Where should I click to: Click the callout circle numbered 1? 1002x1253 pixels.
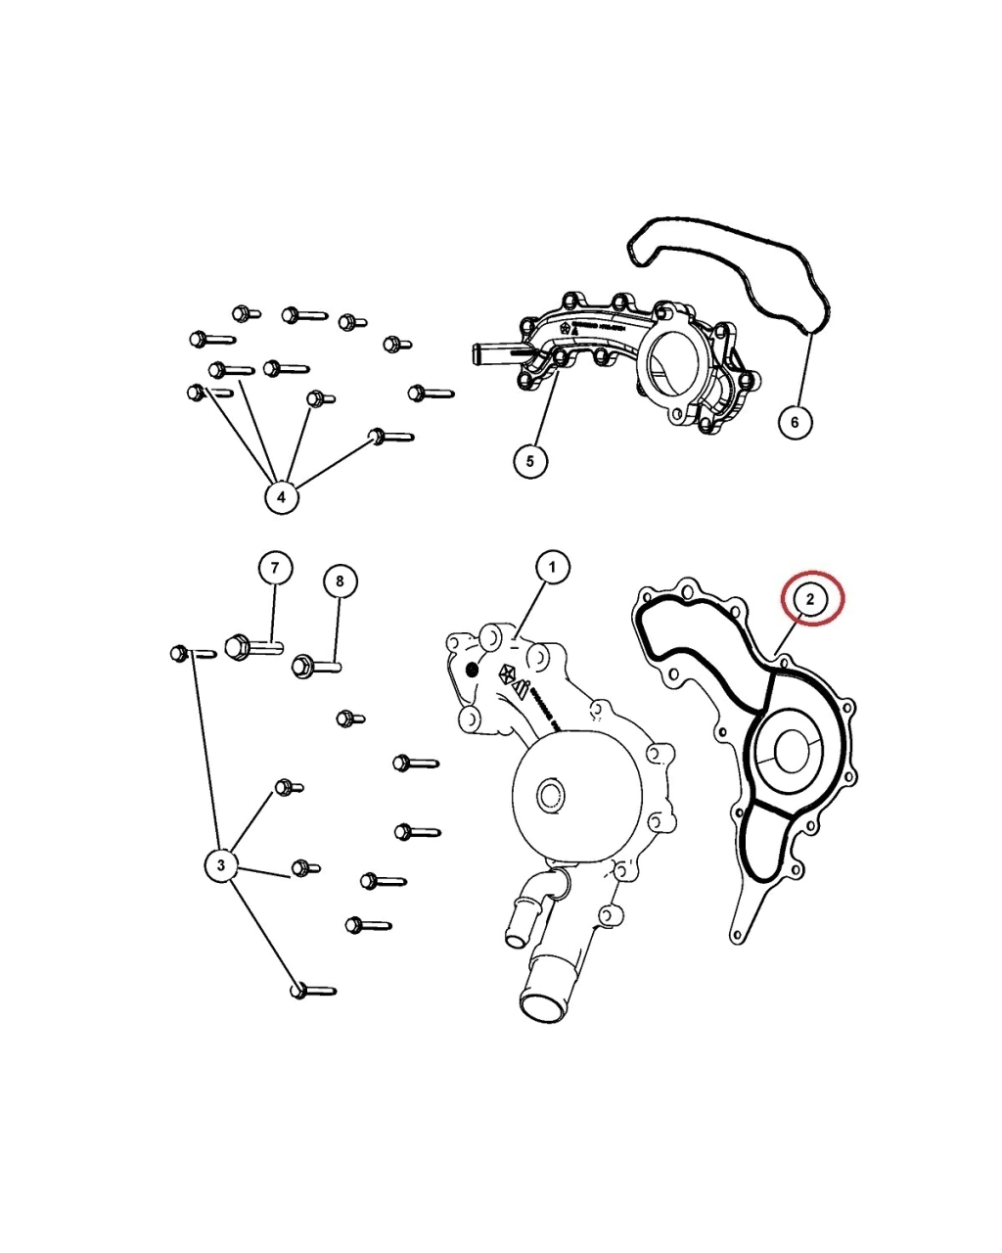(x=552, y=567)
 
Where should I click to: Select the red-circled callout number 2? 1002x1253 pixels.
(x=811, y=596)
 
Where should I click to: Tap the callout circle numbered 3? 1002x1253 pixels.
(x=221, y=864)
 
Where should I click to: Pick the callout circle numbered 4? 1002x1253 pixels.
(x=281, y=496)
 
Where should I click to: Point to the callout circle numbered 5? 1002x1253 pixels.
(x=529, y=460)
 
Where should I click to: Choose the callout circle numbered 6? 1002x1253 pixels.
(x=795, y=421)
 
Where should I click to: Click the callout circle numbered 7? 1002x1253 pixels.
(x=275, y=568)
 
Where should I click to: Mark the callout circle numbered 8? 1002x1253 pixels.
(x=340, y=581)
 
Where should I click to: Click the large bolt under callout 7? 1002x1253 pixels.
(x=252, y=647)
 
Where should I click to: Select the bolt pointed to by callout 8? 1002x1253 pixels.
(x=315, y=667)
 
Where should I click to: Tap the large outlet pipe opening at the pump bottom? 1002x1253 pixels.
(x=542, y=1004)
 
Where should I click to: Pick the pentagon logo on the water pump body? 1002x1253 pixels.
(x=508, y=673)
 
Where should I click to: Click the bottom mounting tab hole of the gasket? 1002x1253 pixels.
(x=737, y=937)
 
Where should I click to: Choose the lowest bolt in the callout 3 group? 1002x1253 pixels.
(x=312, y=991)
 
